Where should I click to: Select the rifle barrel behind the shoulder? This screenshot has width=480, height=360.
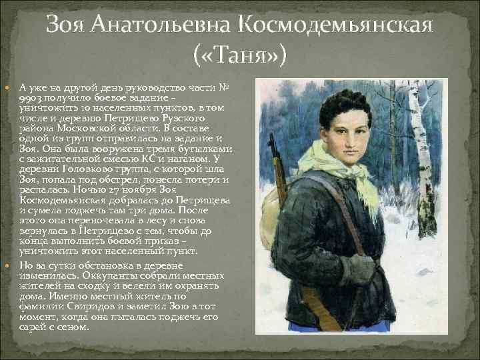tap(273, 157)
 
